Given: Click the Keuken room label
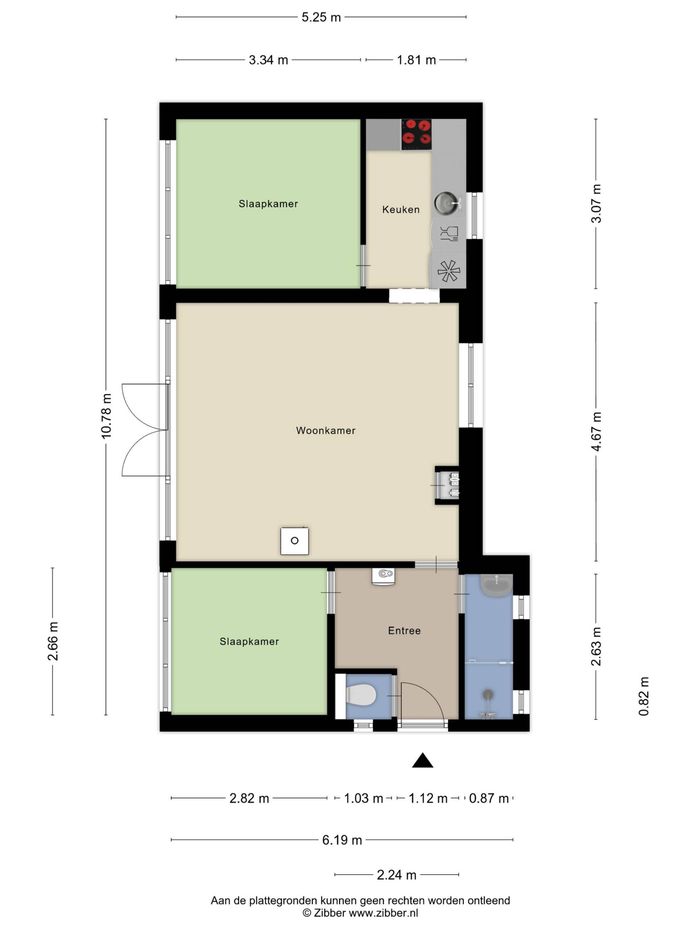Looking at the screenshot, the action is point(401,209).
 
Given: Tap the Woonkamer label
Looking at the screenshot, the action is point(326,430).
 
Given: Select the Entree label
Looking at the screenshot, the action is point(404,630).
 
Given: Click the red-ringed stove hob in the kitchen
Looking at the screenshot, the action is point(416,134).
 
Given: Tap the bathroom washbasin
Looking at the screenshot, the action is point(496,584).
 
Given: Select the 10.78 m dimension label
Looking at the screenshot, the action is point(106,416).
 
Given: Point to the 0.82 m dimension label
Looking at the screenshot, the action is point(643,696).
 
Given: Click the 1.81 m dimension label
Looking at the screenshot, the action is point(416,60).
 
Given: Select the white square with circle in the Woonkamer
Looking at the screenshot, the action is point(294,541).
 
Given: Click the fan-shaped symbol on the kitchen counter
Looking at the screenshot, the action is point(448,270).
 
